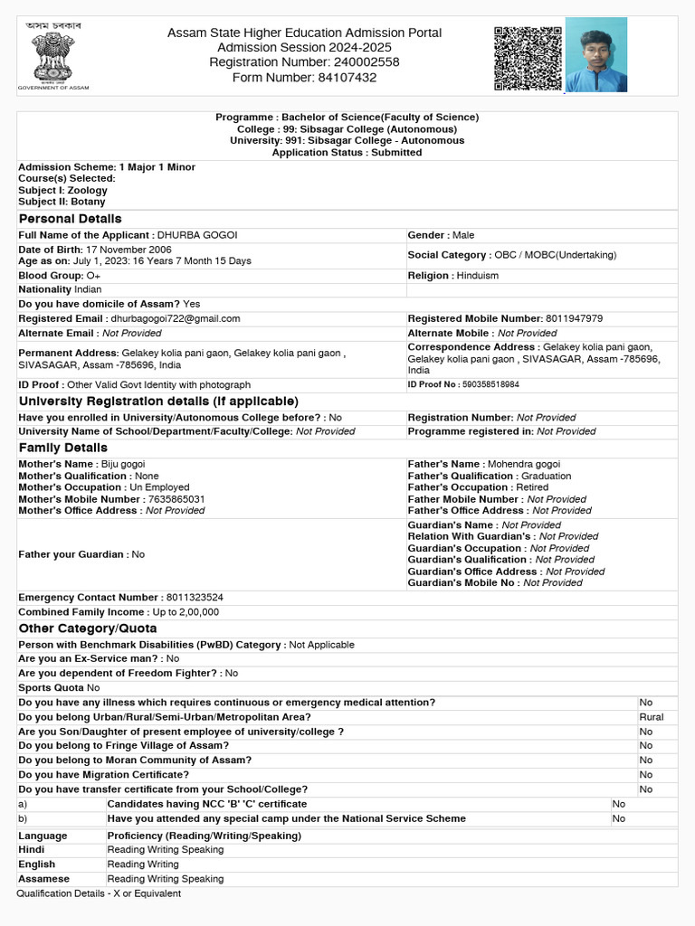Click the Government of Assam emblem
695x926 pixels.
[53, 57]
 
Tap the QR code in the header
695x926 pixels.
[528, 59]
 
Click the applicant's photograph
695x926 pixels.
[595, 55]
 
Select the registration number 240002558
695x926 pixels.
[361, 62]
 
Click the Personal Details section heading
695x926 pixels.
[70, 219]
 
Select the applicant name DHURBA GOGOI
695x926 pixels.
[197, 235]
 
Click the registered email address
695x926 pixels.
[176, 318]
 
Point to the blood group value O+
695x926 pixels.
[93, 275]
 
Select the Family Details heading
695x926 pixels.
[62, 448]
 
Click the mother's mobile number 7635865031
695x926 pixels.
[176, 499]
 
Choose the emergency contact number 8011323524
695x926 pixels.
[194, 598]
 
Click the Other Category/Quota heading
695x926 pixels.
[87, 628]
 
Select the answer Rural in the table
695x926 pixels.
[651, 717]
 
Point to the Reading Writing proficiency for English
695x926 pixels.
[142, 865]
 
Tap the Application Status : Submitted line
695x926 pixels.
[347, 153]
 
